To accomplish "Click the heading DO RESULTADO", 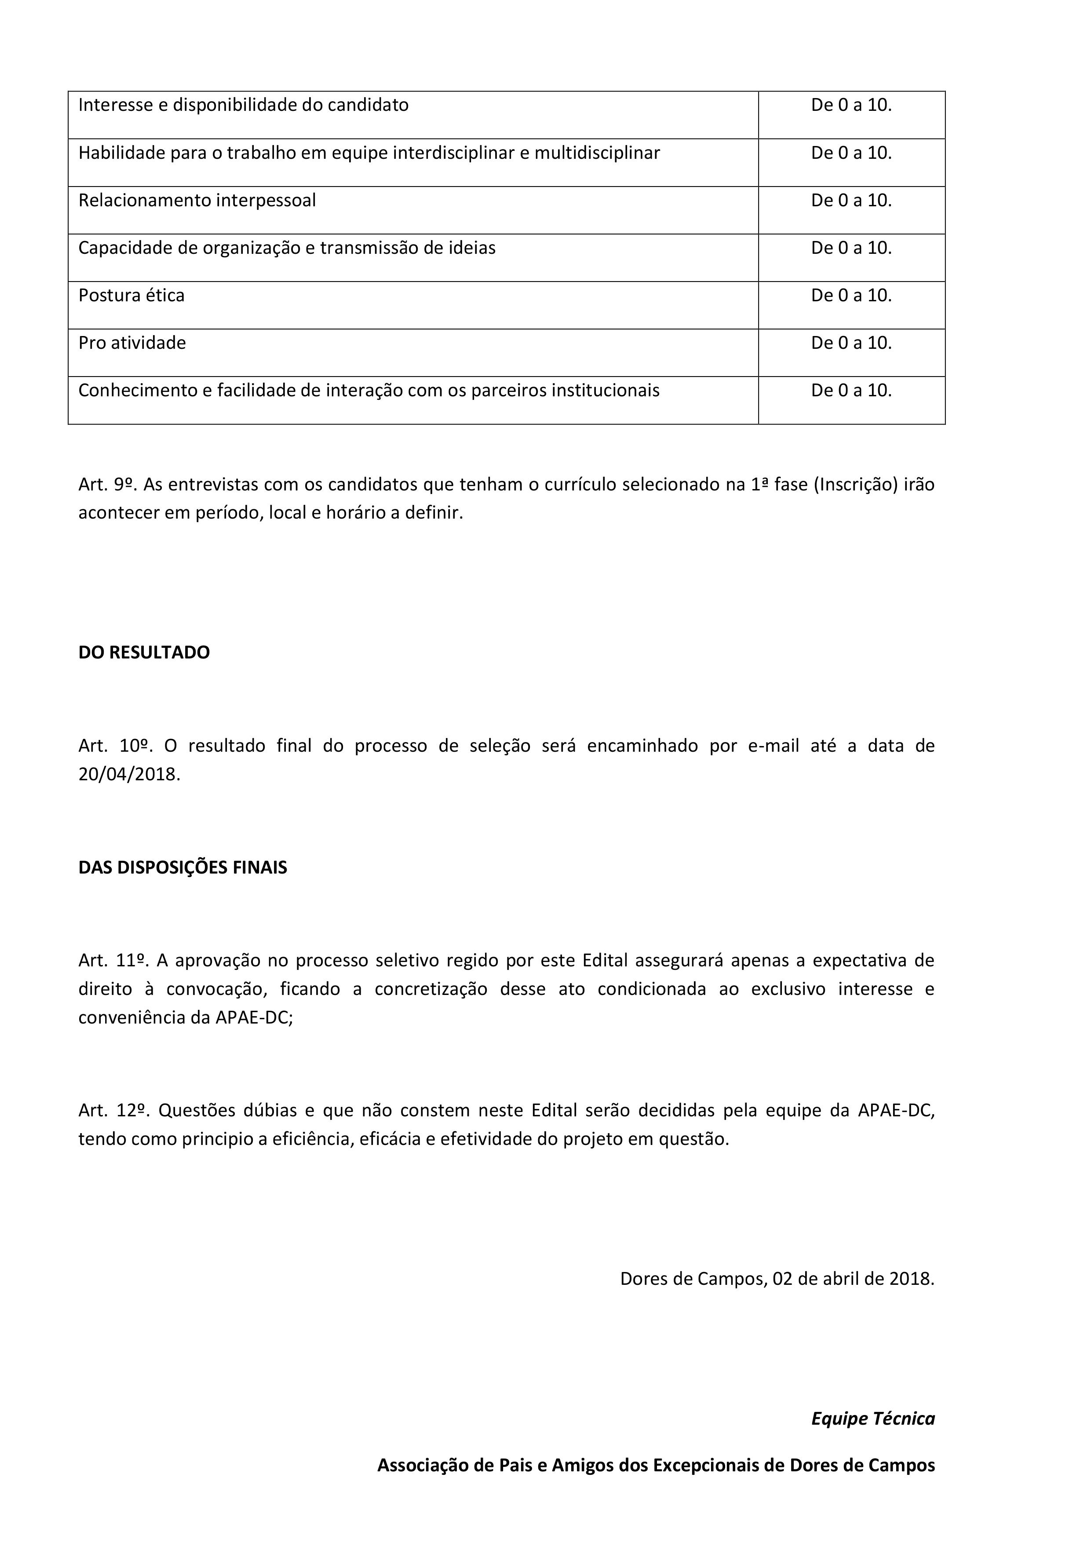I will click(144, 653).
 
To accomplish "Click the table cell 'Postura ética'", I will click(131, 296).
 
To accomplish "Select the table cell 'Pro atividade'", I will click(132, 344).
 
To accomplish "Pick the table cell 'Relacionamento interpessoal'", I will click(197, 201).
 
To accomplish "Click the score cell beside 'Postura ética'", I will click(851, 296).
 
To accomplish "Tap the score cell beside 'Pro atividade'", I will click(851, 344).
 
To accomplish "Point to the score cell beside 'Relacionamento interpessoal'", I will click(851, 201).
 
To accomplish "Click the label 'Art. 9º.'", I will click(108, 485).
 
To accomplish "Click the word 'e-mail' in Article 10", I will click(773, 746).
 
